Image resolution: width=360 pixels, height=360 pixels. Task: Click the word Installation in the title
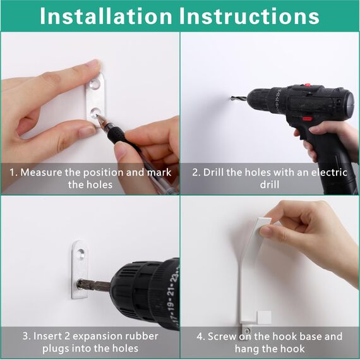coord(106,16)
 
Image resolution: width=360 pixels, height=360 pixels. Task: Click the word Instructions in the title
coord(249,16)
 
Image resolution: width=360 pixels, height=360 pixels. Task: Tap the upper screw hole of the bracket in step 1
coord(95,84)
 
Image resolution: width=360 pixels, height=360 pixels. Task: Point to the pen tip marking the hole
coord(97,116)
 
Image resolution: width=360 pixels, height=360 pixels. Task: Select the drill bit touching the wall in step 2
coord(238,99)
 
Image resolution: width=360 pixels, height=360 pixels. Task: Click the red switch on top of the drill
coord(307,85)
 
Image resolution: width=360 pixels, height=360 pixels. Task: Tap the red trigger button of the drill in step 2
coord(307,119)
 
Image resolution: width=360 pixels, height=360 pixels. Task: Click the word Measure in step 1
coord(41,172)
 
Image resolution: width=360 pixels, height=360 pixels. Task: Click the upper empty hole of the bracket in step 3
coord(81,253)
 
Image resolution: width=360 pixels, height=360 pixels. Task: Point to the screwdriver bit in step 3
coord(93,285)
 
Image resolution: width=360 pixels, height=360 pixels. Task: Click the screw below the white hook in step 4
coord(247,331)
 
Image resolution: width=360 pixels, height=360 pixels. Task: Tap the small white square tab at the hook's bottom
coord(264,317)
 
